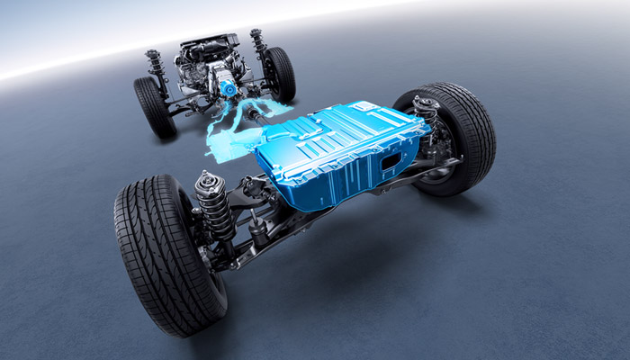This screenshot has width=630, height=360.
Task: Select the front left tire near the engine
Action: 153,106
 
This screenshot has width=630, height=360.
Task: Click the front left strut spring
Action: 156,65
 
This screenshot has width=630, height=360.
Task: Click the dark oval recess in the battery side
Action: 391,161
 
